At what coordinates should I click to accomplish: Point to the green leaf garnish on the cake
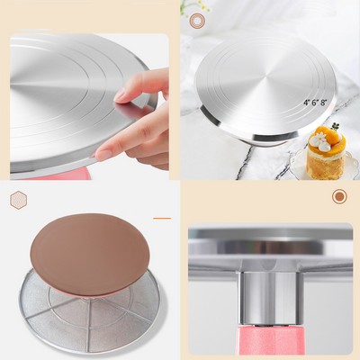[x=335, y=127]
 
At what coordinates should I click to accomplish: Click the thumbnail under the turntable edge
[x=103, y=155]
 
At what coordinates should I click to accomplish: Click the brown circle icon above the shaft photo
[x=339, y=196]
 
